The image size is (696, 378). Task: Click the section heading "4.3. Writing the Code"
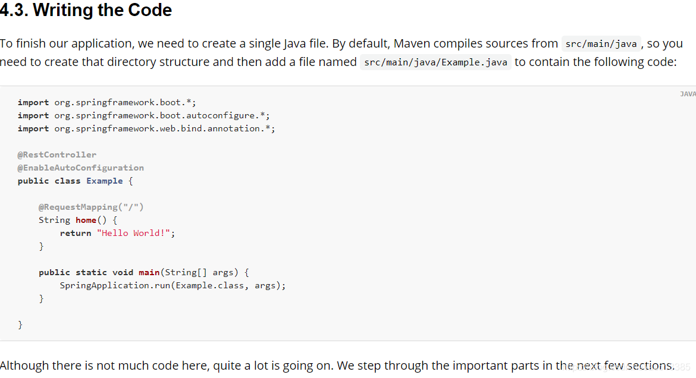coord(86,11)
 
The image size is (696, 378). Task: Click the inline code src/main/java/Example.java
coord(435,62)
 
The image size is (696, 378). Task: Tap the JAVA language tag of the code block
coord(688,94)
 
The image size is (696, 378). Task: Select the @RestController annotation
coord(57,155)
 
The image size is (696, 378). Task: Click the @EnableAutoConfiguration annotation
coord(81,168)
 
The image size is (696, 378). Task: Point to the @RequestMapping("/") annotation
coord(91,207)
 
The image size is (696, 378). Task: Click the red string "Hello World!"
coord(134,233)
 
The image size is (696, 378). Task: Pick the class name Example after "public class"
coord(105,181)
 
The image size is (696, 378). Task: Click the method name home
coord(86,220)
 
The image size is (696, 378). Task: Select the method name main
coord(149,272)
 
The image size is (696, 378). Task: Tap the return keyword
coord(76,233)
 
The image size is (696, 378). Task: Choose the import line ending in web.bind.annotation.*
coord(146,128)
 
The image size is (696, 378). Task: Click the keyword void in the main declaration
coord(123,272)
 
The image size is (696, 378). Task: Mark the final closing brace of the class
coord(20,325)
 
